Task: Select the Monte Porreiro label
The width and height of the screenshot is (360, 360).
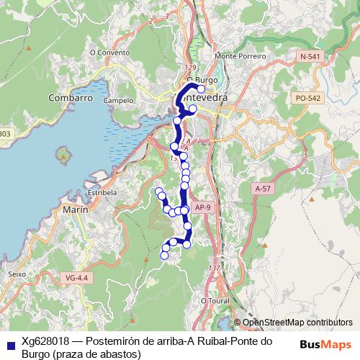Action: [x=240, y=55]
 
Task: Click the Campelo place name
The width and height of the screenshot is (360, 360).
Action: [x=118, y=101]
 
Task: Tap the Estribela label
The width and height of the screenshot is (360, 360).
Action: [x=102, y=193]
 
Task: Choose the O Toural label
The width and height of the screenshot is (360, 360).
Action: [x=214, y=300]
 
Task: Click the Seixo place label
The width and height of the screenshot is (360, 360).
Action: [x=16, y=274]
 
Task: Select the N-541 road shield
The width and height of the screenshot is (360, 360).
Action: [x=310, y=56]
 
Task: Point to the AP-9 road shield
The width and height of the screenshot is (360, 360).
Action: [x=204, y=208]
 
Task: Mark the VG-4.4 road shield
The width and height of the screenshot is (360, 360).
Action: [x=76, y=277]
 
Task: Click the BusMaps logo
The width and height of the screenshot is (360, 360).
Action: [x=326, y=345]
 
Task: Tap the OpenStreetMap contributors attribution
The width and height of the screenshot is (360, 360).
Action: [x=293, y=323]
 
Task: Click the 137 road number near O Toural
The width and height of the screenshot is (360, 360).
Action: [x=213, y=268]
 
